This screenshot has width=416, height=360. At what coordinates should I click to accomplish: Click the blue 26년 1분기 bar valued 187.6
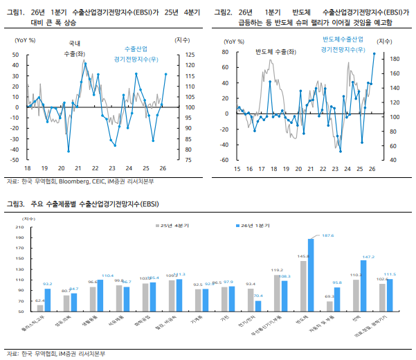click(x=311, y=276)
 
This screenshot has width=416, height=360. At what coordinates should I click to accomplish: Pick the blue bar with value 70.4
click(x=258, y=307)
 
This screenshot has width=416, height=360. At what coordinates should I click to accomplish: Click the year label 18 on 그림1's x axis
click(x=28, y=168)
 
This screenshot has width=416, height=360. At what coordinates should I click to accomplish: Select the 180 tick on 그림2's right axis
click(x=390, y=60)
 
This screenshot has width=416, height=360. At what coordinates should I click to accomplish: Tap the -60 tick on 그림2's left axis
click(x=224, y=160)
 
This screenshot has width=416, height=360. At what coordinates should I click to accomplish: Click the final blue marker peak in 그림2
click(x=374, y=53)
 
